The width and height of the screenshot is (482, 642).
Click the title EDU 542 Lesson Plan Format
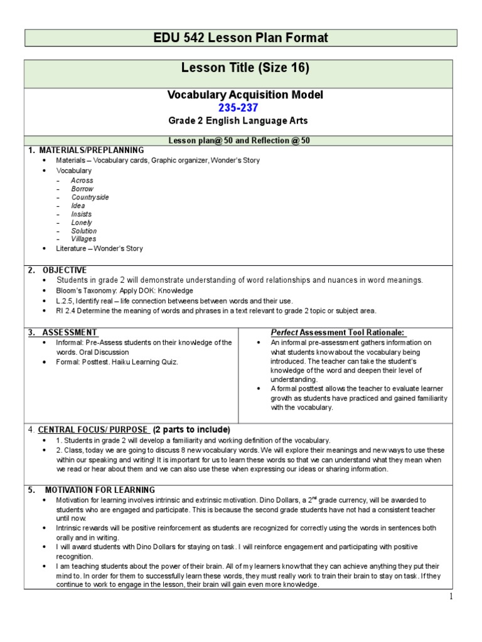[241, 38]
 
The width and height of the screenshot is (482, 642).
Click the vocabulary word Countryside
[90, 197]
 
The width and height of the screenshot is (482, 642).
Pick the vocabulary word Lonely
[82, 223]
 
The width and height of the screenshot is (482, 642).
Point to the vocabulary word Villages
[83, 239]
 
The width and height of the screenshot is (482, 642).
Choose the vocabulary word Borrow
[82, 189]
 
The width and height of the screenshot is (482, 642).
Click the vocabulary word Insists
[82, 214]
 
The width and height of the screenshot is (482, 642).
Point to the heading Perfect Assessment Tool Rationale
[338, 332]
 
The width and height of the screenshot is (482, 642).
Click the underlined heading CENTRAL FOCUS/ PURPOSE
[93, 429]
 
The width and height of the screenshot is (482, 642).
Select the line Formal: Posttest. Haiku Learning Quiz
[117, 362]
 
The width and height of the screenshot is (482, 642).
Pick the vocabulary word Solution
[83, 231]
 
